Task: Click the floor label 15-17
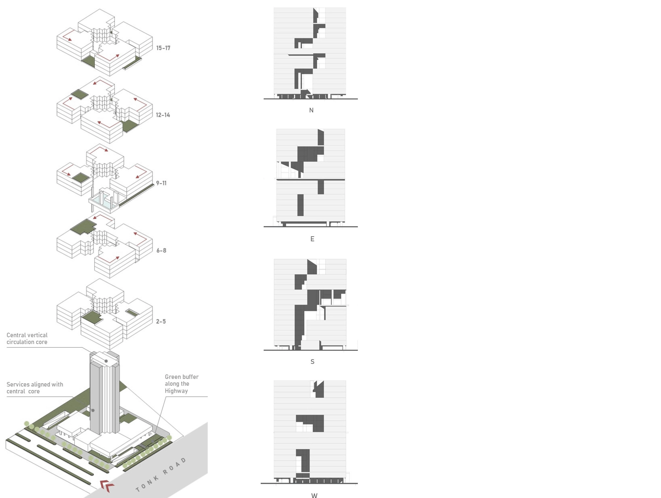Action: point(163,48)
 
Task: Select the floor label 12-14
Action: point(163,115)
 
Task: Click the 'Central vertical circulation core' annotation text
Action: point(27,338)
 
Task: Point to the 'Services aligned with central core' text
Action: point(35,388)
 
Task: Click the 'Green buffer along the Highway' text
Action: point(181,384)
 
